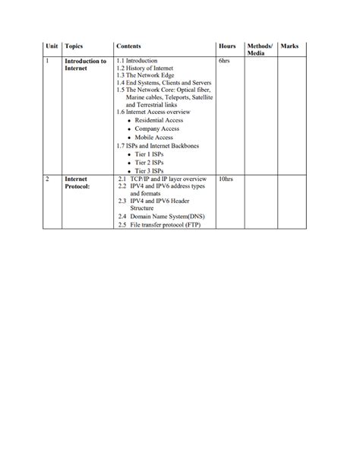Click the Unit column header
tap(52, 46)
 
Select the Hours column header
tap(226, 46)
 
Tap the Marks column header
tap(289, 46)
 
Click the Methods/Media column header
tap(260, 50)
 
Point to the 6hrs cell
tap(223, 60)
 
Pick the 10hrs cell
tap(225, 179)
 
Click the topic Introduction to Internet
tap(85, 64)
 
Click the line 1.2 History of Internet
tap(146, 68)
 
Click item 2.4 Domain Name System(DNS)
tap(166, 216)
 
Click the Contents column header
tap(128, 46)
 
